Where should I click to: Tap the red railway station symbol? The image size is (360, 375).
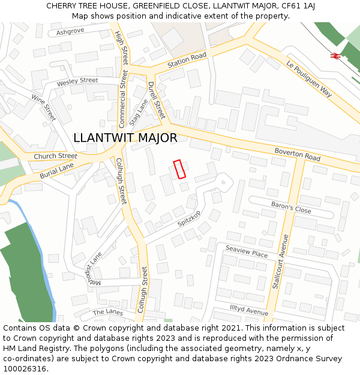point(335,55)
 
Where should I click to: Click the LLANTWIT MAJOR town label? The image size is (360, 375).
point(125,138)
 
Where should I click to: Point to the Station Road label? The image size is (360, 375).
point(187,59)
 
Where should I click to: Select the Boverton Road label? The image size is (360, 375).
point(298,154)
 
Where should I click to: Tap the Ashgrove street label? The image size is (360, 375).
point(70,31)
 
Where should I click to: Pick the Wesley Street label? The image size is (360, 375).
point(77,81)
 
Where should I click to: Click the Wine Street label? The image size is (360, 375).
point(43,107)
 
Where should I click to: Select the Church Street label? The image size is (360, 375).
point(55,156)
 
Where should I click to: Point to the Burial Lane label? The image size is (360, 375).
point(56,171)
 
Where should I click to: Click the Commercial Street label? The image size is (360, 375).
point(123,98)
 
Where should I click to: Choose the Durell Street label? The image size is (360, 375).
point(155,100)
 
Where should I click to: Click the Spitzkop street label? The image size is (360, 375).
point(190,219)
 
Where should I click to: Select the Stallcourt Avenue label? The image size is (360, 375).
point(281,262)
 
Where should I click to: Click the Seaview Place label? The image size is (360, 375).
point(247,251)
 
